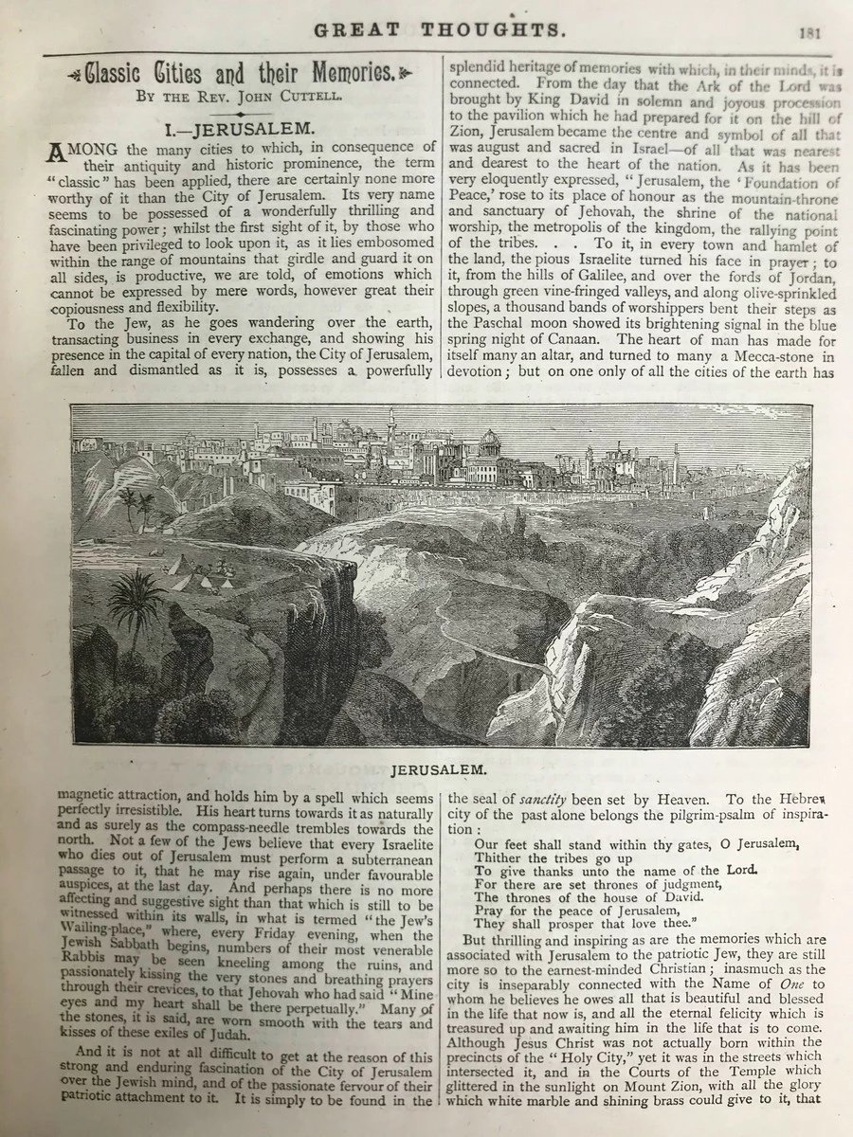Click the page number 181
pyautogui.click(x=808, y=32)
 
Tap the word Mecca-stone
pyautogui.click(x=749, y=356)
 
